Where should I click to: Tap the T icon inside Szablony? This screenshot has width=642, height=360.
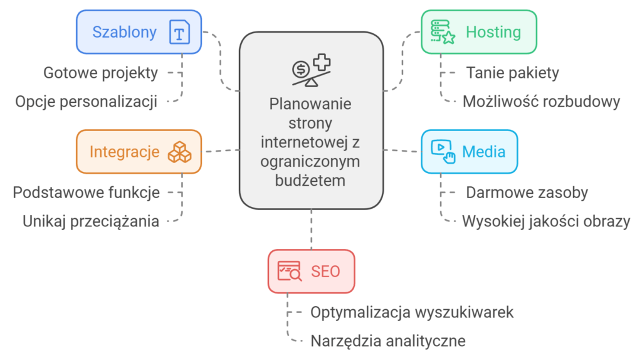tap(179, 32)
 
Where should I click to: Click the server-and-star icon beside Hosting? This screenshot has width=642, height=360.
tap(443, 31)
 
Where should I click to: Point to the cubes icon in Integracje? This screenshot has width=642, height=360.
tap(179, 152)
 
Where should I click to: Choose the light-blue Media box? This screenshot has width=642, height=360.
tap(469, 151)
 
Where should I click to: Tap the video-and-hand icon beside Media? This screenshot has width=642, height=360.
tap(443, 151)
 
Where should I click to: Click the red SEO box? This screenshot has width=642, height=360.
tap(311, 271)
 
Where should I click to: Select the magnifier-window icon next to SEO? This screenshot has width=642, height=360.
tap(290, 271)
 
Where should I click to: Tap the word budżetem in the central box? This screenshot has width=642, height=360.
tap(311, 181)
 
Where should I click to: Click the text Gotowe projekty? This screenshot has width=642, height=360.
tap(100, 73)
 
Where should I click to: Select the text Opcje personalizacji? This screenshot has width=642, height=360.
tap(87, 102)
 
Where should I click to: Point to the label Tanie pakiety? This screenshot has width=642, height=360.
tap(512, 73)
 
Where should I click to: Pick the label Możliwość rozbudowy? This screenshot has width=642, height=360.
tap(541, 102)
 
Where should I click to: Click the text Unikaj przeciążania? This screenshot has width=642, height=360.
tap(91, 221)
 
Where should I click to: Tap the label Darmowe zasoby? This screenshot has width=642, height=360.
tap(527, 193)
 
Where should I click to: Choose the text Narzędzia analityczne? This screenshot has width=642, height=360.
tap(388, 341)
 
